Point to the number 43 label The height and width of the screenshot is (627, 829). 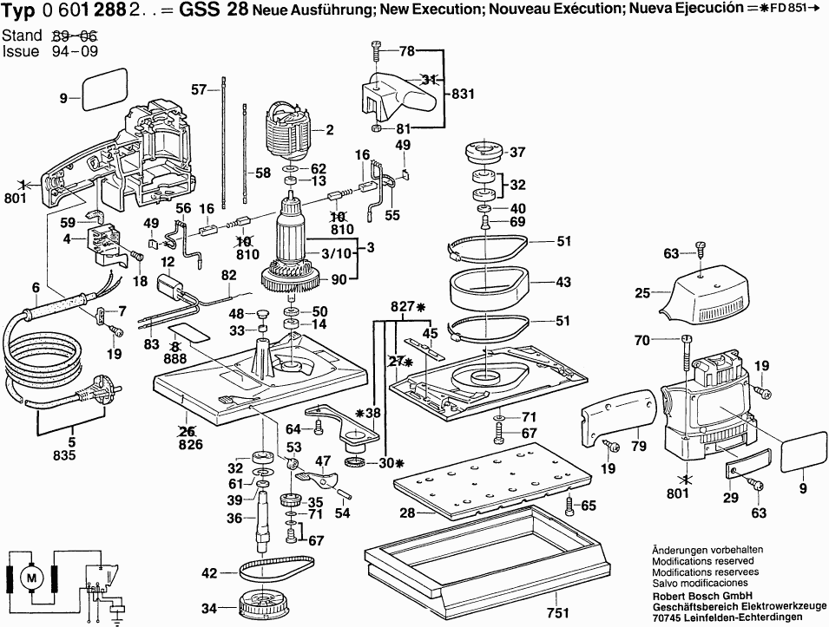[563, 282]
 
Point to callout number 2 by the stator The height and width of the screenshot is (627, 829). [330, 131]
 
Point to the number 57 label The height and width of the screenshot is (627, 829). [199, 89]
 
